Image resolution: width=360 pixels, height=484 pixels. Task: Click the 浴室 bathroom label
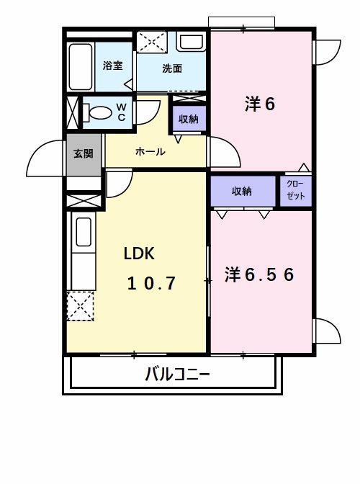(112, 66)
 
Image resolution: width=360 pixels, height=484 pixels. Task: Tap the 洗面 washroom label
(171, 69)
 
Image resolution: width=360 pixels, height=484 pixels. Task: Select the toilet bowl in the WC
(99, 113)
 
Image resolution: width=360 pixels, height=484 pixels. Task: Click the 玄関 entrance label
(83, 153)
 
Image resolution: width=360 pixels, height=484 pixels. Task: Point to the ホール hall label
(150, 152)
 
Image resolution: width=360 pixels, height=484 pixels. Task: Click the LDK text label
(139, 254)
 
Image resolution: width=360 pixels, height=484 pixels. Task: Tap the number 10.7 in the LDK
(152, 283)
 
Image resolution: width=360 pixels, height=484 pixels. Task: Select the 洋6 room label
(260, 104)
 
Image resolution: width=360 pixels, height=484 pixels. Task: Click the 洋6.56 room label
(259, 275)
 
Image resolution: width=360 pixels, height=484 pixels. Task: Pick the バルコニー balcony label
(177, 375)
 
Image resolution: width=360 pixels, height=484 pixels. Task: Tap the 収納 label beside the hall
(189, 119)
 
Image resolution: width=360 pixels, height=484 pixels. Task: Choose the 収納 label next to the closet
(242, 191)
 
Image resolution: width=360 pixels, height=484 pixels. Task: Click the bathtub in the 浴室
(80, 66)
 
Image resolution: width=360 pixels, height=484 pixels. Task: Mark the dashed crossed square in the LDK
(80, 306)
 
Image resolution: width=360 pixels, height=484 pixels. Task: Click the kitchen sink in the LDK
(82, 233)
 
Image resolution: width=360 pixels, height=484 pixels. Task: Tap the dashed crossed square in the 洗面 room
(151, 42)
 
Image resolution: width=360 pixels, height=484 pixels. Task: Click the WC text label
(121, 112)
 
